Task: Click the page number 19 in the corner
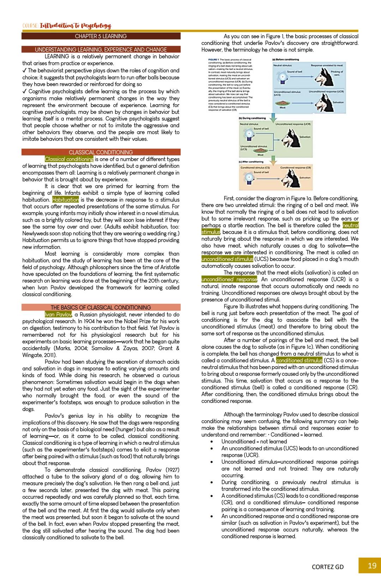click(372, 566)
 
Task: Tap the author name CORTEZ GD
click(328, 567)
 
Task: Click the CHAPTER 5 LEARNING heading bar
click(101, 36)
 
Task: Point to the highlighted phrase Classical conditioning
click(69, 159)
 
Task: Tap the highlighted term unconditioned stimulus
click(227, 259)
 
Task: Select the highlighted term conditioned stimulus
click(299, 360)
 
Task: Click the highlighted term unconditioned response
click(229, 280)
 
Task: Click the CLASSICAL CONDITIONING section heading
click(101, 152)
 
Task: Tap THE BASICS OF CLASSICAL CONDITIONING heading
click(101, 307)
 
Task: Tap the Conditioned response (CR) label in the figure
click(295, 168)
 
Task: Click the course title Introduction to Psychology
click(75, 26)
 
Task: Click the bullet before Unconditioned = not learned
click(211, 442)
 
